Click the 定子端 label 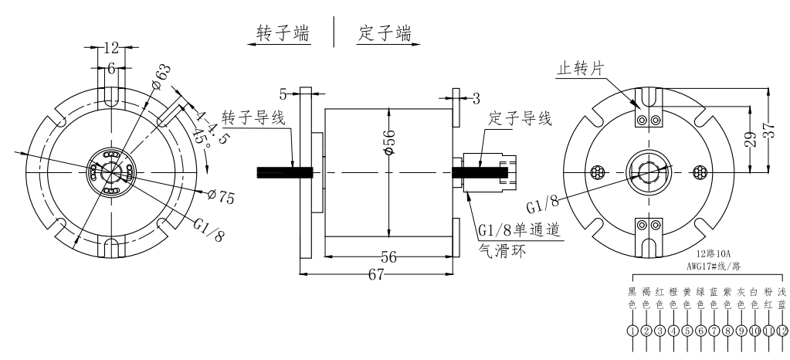[385, 34]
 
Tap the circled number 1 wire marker [632, 331]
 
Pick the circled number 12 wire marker [782, 331]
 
